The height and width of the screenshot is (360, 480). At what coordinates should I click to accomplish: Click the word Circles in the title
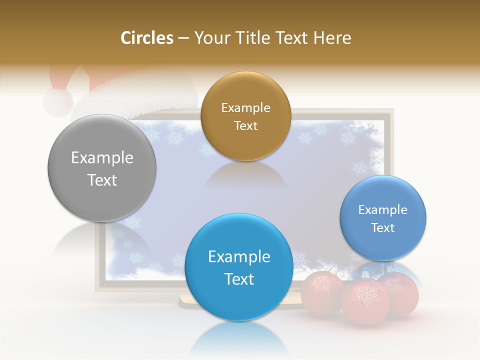pyautogui.click(x=147, y=38)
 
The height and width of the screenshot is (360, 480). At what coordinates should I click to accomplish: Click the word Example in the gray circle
pyautogui.click(x=102, y=158)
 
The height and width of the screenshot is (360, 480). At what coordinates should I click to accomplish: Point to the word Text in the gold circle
pyautogui.click(x=245, y=126)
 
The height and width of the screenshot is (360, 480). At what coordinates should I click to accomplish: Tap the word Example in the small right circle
pyautogui.click(x=383, y=210)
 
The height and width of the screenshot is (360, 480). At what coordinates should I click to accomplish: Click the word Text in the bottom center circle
pyautogui.click(x=239, y=279)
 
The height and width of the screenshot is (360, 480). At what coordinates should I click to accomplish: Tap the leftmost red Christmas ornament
pyautogui.click(x=321, y=292)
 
